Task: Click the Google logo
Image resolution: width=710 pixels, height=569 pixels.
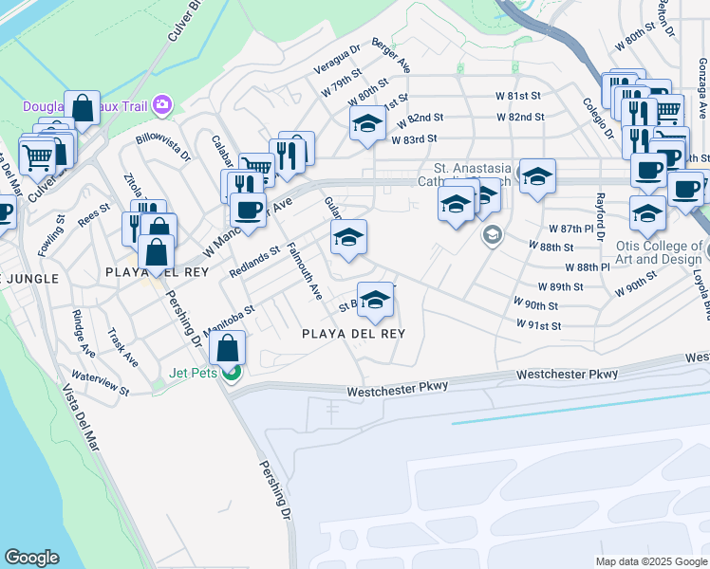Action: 31,558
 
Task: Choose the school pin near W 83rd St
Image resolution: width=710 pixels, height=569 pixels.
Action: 367,123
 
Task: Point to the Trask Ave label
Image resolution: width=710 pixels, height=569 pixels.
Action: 123,348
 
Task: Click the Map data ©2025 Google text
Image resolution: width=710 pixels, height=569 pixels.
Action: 650,561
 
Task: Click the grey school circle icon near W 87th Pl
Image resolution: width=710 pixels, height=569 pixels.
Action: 492,234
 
